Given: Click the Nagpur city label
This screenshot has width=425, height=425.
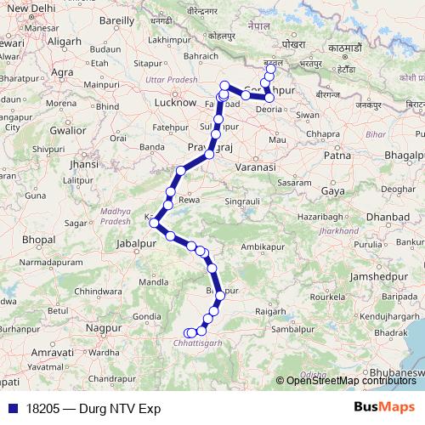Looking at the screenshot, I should coord(105,326).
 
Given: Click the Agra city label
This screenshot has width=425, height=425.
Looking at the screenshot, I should coord(61,73).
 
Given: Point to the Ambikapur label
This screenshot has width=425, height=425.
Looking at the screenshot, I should coord(262,246).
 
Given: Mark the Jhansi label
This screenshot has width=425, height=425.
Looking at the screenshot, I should coord(83,163).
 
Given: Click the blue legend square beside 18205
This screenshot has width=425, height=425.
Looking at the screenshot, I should coord(12,408).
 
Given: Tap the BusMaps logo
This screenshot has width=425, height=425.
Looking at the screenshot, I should coord(384,408).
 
